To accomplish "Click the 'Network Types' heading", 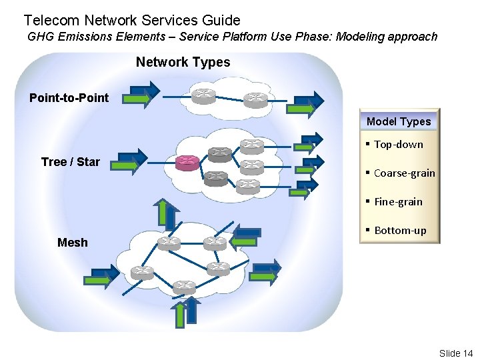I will tap(183, 63).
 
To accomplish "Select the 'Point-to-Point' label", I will tap(69, 98).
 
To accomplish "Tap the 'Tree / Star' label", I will tap(70, 162).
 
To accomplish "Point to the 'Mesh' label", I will tap(72, 243).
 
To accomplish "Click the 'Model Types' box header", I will tap(399, 121).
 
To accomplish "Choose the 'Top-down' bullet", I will tap(398, 145).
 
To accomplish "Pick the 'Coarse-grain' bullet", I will tap(404, 173).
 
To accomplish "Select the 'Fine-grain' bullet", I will tap(398, 202).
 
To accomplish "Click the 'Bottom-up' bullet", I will tap(400, 231).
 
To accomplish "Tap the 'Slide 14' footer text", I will tap(455, 353).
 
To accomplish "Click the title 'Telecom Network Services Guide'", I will tap(132, 21).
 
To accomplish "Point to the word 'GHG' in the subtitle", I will tap(41, 37).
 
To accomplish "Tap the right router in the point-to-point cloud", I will tap(255, 99).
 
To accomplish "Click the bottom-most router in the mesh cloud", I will tap(184, 287).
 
